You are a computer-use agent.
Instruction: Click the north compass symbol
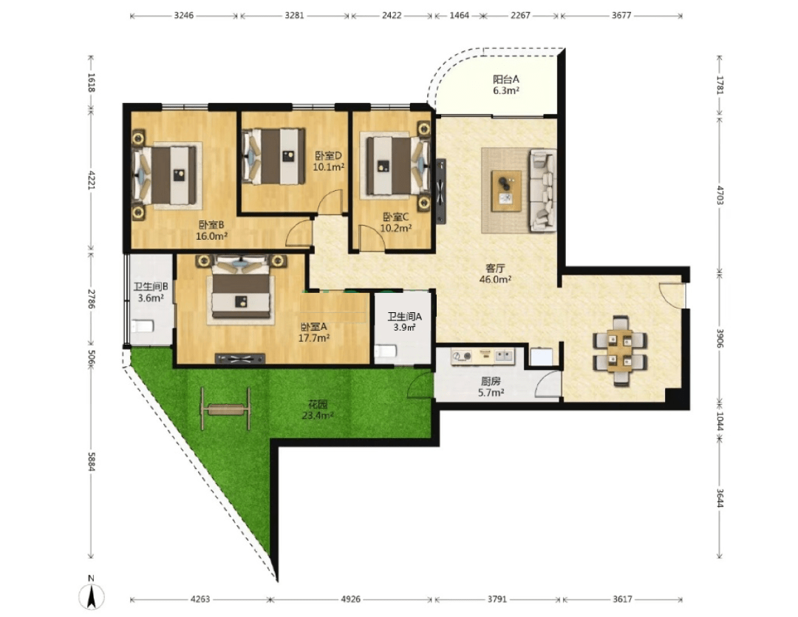click(x=91, y=594)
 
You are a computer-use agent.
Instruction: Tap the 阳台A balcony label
click(x=506, y=85)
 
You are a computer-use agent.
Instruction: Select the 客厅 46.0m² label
click(x=495, y=274)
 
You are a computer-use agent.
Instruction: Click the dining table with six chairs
click(x=620, y=351)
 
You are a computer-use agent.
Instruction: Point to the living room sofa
click(x=542, y=190)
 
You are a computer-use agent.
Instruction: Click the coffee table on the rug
click(x=506, y=191)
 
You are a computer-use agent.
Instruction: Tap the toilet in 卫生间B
click(x=142, y=326)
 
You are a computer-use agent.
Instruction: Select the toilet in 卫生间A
click(x=385, y=351)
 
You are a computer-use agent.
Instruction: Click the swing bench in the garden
click(x=225, y=408)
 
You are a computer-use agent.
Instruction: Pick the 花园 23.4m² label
click(x=318, y=410)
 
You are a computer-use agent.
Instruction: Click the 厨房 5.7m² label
click(x=491, y=387)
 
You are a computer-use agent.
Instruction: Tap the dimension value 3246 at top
click(x=184, y=16)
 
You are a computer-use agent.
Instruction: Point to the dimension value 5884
click(x=91, y=461)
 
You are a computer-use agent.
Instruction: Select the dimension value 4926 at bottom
click(x=351, y=599)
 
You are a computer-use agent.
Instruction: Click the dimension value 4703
click(x=720, y=195)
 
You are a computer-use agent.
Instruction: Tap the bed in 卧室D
click(x=275, y=156)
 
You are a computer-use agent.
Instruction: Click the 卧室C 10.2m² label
click(x=396, y=223)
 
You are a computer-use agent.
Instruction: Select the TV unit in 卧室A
click(x=240, y=359)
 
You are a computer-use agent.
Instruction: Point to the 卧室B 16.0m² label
click(x=212, y=230)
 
